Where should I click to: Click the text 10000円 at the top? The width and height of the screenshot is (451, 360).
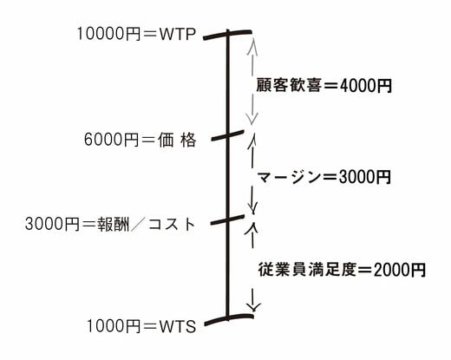click(x=108, y=34)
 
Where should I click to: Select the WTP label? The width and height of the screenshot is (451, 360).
click(x=178, y=35)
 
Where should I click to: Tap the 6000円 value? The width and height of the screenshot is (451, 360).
click(x=112, y=140)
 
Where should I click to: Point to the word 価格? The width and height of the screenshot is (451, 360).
click(x=177, y=140)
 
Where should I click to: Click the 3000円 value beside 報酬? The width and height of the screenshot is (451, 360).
click(x=52, y=224)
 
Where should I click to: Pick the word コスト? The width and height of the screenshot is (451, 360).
click(x=172, y=224)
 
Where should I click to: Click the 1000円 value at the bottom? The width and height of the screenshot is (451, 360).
click(x=114, y=326)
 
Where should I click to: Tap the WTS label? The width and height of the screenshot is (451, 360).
click(x=178, y=327)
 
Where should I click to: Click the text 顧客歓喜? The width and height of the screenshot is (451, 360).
click(x=289, y=86)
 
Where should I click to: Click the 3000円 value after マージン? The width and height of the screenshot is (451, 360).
click(x=365, y=177)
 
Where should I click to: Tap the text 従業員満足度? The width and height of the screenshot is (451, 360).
click(x=307, y=270)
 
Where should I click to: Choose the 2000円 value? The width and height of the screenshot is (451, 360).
click(x=400, y=270)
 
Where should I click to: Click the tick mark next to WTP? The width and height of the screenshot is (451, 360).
click(x=227, y=34)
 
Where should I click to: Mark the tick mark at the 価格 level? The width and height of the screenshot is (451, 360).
click(x=227, y=135)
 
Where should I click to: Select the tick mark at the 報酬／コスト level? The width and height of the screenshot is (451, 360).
click(x=227, y=219)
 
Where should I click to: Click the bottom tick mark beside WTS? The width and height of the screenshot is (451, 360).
click(x=229, y=319)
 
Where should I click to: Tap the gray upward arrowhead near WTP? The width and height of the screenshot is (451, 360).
click(x=252, y=46)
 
